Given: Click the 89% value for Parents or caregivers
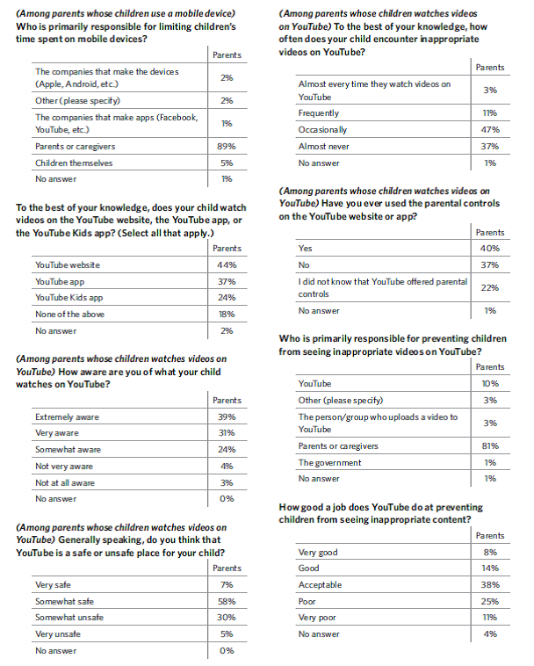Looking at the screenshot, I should tap(227, 146).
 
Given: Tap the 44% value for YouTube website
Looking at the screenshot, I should tap(227, 264).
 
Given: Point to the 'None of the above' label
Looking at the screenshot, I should tap(68, 315).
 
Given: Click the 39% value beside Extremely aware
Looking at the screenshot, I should tap(227, 416).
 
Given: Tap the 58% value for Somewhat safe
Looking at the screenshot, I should tap(227, 601).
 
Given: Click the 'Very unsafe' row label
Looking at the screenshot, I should tap(57, 633).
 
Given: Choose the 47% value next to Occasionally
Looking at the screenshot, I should tap(490, 129).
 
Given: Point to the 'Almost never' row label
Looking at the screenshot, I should tap(324, 146).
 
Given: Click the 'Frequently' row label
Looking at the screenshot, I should tap(318, 113).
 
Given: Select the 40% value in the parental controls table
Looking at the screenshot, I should tap(490, 248).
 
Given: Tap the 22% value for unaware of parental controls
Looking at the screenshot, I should tap(490, 287).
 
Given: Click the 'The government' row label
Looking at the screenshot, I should tap(330, 462).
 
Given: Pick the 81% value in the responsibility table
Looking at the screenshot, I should tap(490, 445).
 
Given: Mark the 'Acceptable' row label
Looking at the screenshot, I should tap(321, 584).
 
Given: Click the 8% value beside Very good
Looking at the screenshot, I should tap(490, 552).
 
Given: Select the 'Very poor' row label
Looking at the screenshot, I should tap(317, 618).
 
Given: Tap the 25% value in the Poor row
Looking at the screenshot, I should tap(490, 601).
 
